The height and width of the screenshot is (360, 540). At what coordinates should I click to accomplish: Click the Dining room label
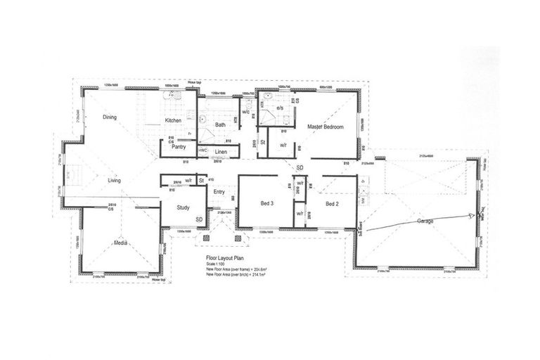point(109,117)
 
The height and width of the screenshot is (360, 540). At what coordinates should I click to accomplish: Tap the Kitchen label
point(173,120)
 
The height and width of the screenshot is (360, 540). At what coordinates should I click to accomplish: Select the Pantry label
point(178,147)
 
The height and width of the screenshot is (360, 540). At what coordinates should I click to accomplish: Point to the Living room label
point(114,181)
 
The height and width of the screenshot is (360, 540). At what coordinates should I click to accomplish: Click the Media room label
point(120,243)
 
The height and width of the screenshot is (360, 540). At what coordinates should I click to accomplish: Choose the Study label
point(184,207)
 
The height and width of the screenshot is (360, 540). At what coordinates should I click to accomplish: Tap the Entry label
point(219,192)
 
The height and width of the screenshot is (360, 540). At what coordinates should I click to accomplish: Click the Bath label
point(220,124)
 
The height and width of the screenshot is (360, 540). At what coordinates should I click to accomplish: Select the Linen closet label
point(221,151)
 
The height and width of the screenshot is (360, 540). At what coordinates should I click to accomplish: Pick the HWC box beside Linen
point(202,151)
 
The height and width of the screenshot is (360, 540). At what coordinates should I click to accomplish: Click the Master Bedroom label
point(325,127)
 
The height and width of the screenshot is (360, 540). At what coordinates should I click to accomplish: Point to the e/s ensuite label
point(279,108)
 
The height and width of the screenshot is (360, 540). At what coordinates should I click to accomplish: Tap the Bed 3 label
point(266,204)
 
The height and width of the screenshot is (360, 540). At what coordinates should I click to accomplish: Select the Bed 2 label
point(333,204)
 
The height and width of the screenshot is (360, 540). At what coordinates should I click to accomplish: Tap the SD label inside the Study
point(199,219)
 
